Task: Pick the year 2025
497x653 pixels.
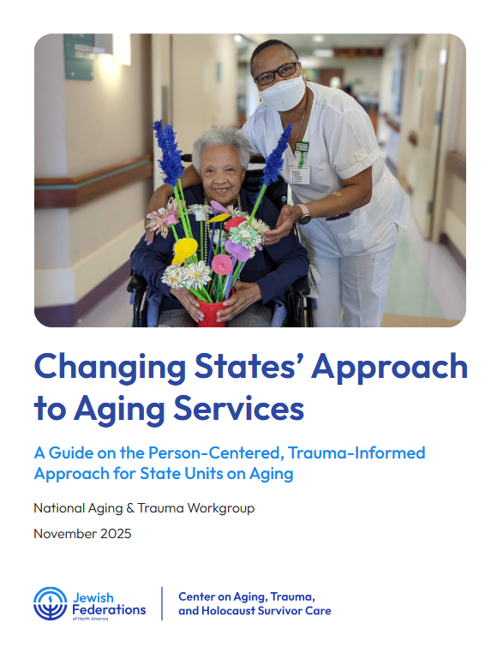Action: pos(116,534)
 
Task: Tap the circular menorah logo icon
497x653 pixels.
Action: pos(50,603)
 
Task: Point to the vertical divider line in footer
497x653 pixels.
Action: pos(163,603)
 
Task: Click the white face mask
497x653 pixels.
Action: pos(283,93)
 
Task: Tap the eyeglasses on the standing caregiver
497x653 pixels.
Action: pos(276,74)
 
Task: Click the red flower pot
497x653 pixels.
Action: pos(211,309)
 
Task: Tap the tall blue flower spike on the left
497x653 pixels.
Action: pos(166,154)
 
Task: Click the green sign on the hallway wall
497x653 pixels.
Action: pos(79,56)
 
